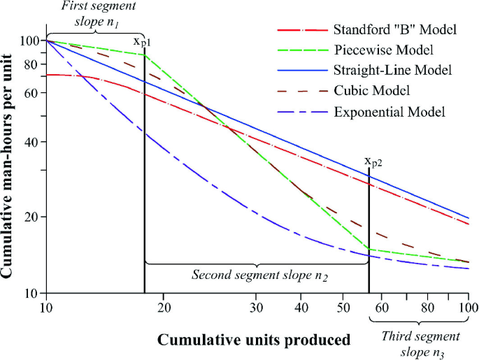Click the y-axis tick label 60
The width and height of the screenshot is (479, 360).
(31, 92)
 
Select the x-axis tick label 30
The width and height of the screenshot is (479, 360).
(257, 307)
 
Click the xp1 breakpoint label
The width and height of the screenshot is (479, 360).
(143, 43)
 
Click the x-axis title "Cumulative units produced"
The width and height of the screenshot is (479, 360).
(254, 340)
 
